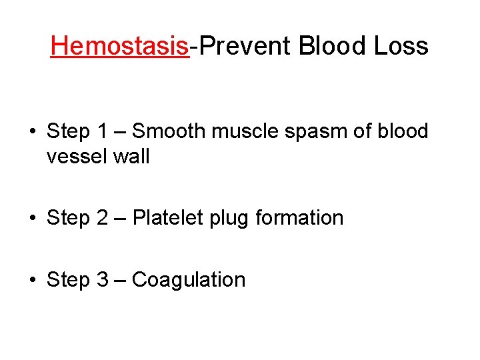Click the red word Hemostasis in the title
(120, 46)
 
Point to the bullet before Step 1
(32, 132)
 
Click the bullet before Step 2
(32, 218)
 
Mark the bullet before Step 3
(32, 280)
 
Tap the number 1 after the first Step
(101, 131)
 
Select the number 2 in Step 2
(102, 217)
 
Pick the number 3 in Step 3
(102, 279)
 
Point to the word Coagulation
(189, 280)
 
